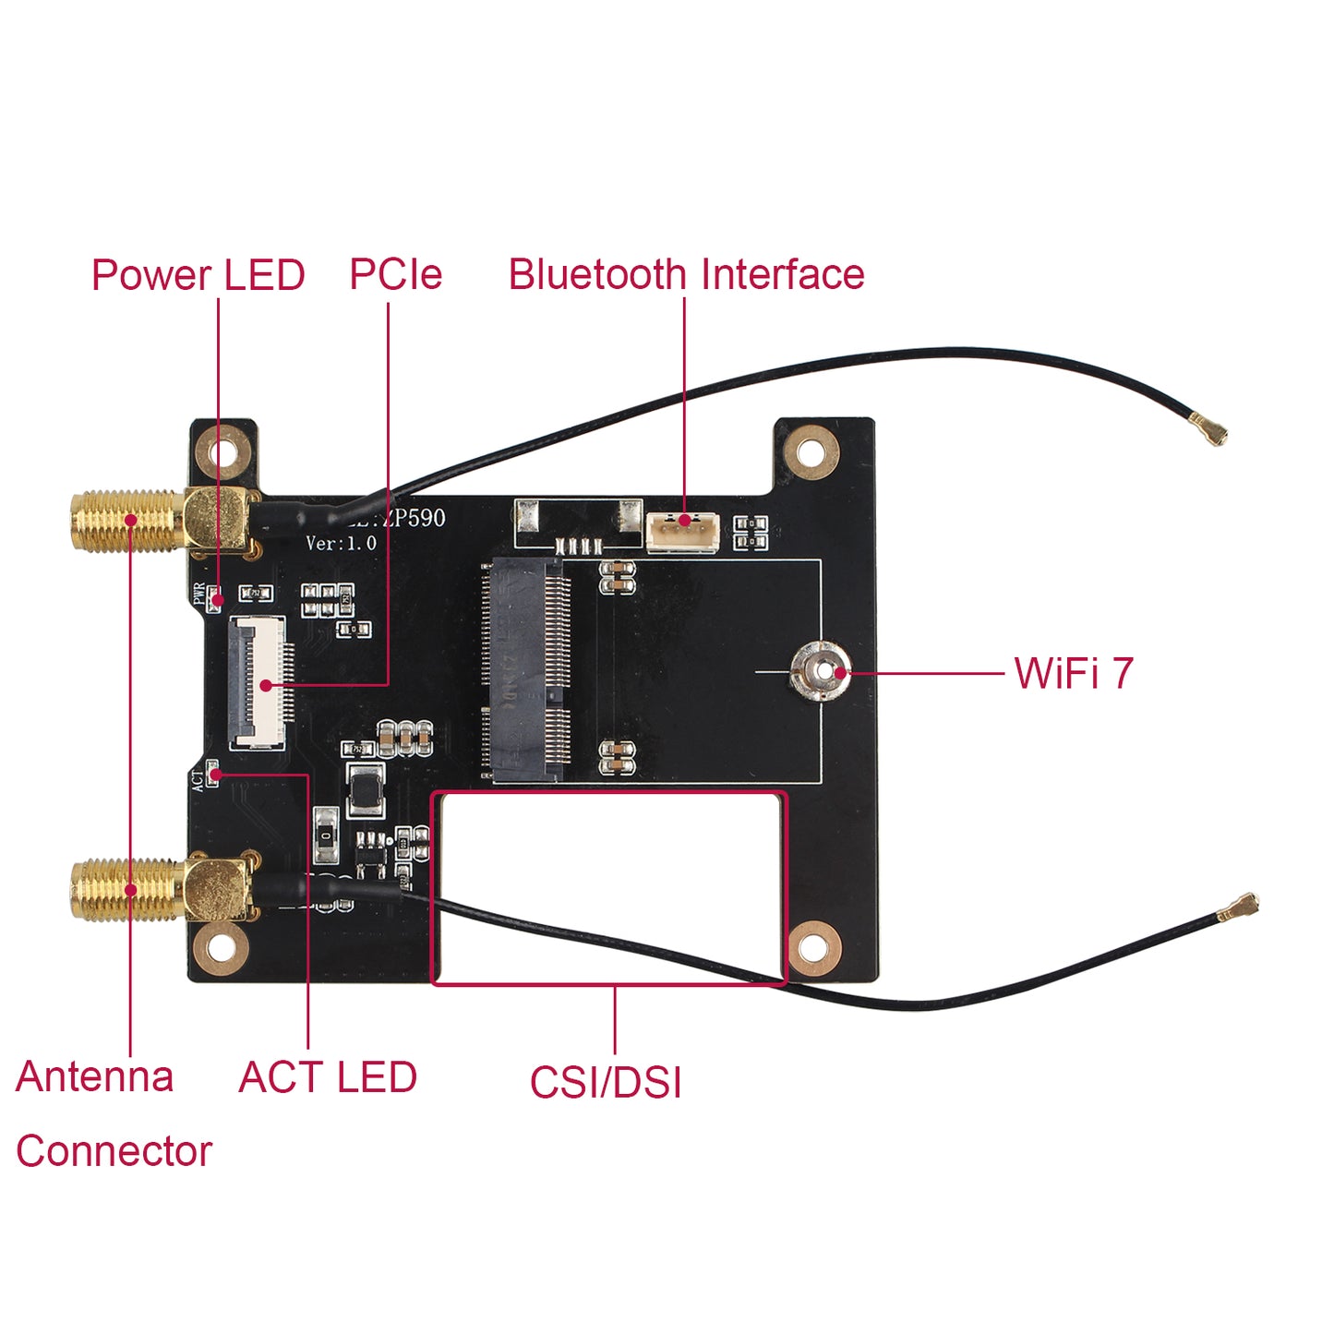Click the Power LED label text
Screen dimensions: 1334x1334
point(198,275)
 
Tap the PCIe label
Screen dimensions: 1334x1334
point(395,274)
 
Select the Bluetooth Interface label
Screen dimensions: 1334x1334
point(686,274)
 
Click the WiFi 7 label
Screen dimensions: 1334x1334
point(1073,673)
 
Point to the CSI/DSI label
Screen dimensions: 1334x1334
point(606,1082)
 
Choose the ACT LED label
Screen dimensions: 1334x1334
point(328,1077)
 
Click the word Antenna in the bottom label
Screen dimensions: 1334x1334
point(94,1076)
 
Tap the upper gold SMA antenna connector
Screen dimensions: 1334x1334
point(129,522)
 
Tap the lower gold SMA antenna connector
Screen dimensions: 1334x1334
point(129,890)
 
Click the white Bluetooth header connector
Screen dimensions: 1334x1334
point(682,533)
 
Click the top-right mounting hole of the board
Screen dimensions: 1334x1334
point(811,452)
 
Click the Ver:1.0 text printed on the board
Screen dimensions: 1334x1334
point(342,543)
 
